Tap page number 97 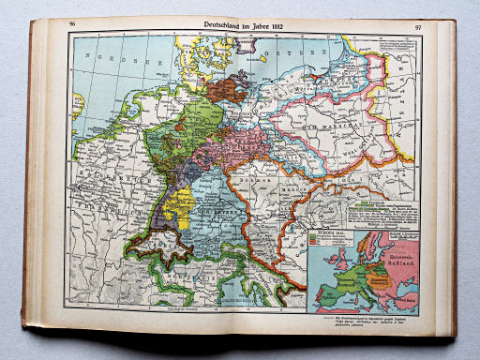click(x=416, y=26)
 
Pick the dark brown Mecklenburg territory click(x=225, y=89)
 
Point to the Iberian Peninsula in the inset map click(x=323, y=295)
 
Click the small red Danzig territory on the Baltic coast click(x=313, y=70)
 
